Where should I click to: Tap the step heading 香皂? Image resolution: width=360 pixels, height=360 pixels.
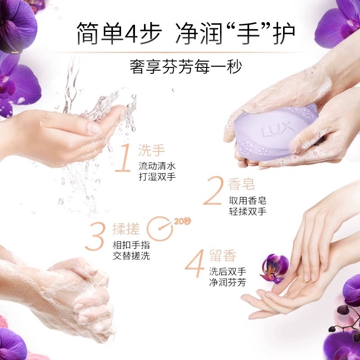pyautogui.click(x=242, y=184)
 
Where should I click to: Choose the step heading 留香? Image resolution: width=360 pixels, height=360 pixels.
pyautogui.click(x=223, y=256)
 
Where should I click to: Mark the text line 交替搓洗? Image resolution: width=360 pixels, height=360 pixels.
pyautogui.click(x=131, y=256)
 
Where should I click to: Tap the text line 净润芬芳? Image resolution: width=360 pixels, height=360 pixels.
pyautogui.click(x=227, y=283)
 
